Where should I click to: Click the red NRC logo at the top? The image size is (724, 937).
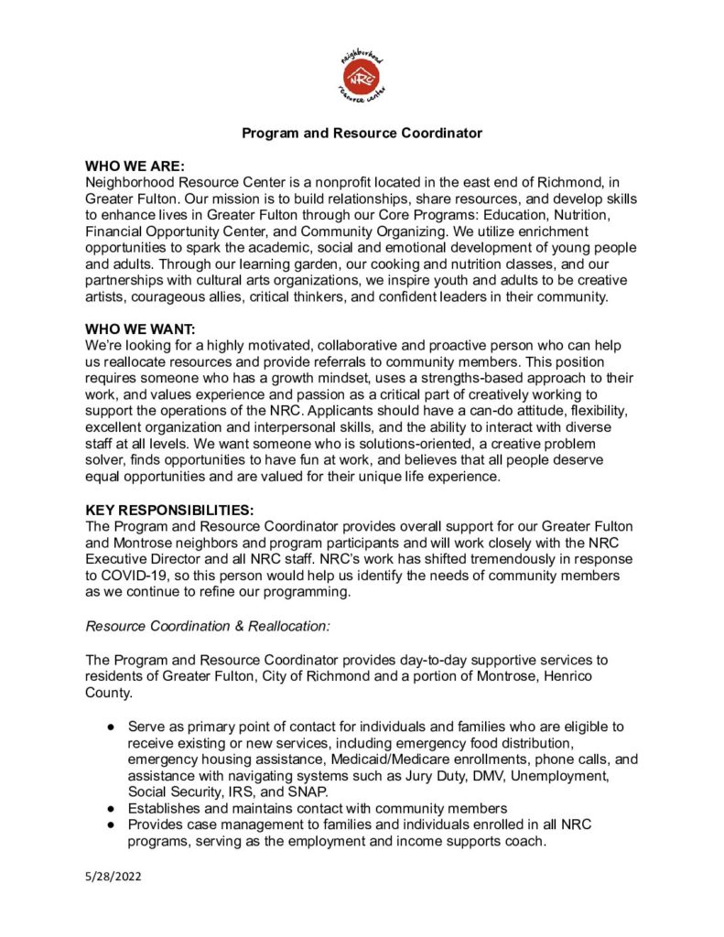point(362,76)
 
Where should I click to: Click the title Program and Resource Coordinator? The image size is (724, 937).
point(362,134)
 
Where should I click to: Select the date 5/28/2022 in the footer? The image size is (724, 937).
point(113,876)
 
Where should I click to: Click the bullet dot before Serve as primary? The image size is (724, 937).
point(110,727)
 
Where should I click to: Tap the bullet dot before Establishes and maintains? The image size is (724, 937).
point(110,808)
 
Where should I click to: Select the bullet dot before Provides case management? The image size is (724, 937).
point(110,824)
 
